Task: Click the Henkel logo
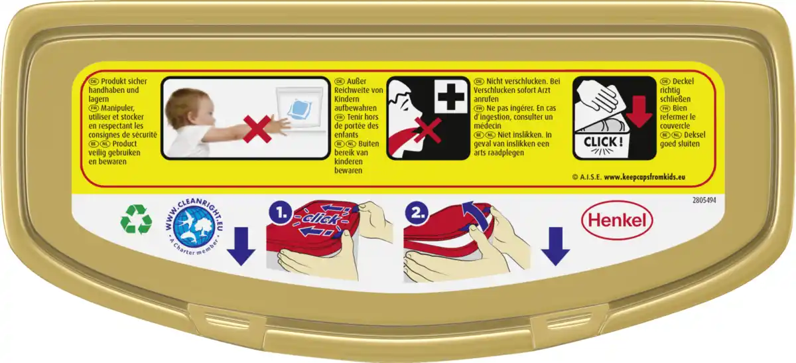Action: tap(617, 220)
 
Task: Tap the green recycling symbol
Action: tap(136, 219)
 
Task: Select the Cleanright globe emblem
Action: tap(194, 227)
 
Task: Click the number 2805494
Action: tap(704, 200)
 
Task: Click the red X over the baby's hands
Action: tap(257, 129)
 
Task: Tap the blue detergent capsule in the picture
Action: tap(299, 109)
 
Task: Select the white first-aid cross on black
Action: tap(451, 96)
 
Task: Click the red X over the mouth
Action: tap(428, 131)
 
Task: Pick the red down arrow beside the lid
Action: tap(639, 111)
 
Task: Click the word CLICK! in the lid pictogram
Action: tap(603, 142)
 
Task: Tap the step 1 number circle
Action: tap(281, 213)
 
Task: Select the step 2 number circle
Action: tap(417, 213)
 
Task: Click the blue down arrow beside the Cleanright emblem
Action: tap(241, 246)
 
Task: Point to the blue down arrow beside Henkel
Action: tap(555, 246)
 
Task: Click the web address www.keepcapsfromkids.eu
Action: tap(645, 177)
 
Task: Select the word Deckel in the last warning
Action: tap(683, 82)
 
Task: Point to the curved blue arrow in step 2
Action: tap(478, 215)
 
